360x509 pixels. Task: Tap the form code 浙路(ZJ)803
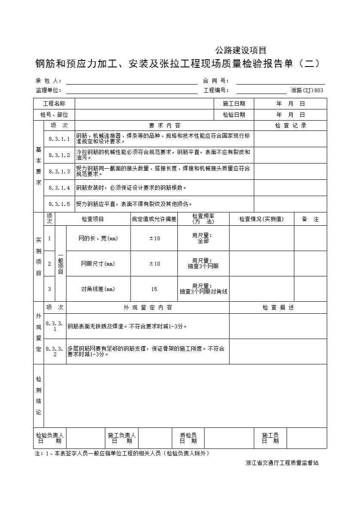(x=307, y=91)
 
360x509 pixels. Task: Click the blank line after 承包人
(x=131, y=81)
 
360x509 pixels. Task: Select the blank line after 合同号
(x=281, y=81)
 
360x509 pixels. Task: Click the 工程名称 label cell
(x=54, y=104)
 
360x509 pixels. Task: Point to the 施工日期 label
(x=234, y=104)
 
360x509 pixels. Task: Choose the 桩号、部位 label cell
(x=54, y=115)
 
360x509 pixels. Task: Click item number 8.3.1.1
(x=59, y=139)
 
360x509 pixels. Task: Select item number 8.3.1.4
(x=59, y=188)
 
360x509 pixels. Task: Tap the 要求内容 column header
(x=165, y=126)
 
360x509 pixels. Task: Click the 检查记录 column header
(x=290, y=126)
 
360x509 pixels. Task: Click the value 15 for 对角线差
(x=154, y=289)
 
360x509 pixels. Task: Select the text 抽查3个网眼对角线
(x=203, y=292)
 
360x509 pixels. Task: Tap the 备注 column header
(x=310, y=219)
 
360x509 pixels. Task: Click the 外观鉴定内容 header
(x=148, y=308)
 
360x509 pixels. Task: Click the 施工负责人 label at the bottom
(x=122, y=435)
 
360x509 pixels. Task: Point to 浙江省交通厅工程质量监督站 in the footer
(x=282, y=463)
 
